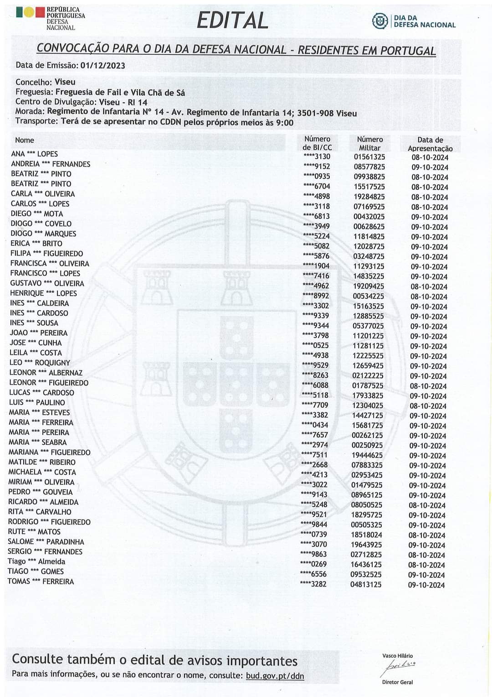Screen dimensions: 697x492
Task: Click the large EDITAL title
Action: pos(232,21)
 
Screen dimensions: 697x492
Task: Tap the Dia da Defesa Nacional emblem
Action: pos(379,21)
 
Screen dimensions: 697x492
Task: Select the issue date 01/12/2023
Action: pos(103,65)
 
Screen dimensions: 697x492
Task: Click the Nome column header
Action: pos(25,140)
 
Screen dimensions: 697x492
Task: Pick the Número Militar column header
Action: pos(369,143)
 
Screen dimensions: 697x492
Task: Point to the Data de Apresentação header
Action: pos(430,144)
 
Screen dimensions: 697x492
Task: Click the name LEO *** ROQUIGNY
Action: pos(40,363)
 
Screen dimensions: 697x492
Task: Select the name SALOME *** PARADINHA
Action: pos(46,541)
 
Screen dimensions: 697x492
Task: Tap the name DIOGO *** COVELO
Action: pos(41,224)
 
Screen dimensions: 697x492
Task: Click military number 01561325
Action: pos(369,157)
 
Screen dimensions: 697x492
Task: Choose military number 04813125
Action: pos(366,584)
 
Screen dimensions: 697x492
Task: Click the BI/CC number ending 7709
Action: pos(315,405)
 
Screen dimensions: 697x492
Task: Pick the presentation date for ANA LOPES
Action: pos(430,157)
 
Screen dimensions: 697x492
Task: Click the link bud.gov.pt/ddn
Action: pos(275,676)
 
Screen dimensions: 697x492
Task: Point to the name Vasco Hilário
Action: pos(398,655)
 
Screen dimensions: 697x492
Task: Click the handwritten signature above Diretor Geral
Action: pos(398,667)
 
